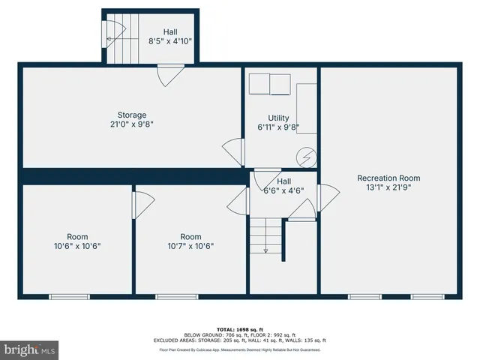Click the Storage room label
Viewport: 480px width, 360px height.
tap(130, 115)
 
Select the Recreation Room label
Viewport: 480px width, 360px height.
tap(388, 178)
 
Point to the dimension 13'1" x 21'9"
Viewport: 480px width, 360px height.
tap(388, 187)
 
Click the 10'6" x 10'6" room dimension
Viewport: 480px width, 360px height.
tap(77, 246)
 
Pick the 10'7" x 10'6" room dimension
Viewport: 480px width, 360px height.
tap(190, 246)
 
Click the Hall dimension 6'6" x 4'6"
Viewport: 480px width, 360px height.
tap(283, 190)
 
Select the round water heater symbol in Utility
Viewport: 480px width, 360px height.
tap(305, 157)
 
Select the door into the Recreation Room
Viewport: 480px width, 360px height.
tap(325, 198)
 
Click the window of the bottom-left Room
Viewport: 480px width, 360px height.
tap(70, 297)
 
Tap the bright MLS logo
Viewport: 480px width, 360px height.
tap(30, 349)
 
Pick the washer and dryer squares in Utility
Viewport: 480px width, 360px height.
tap(270, 85)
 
